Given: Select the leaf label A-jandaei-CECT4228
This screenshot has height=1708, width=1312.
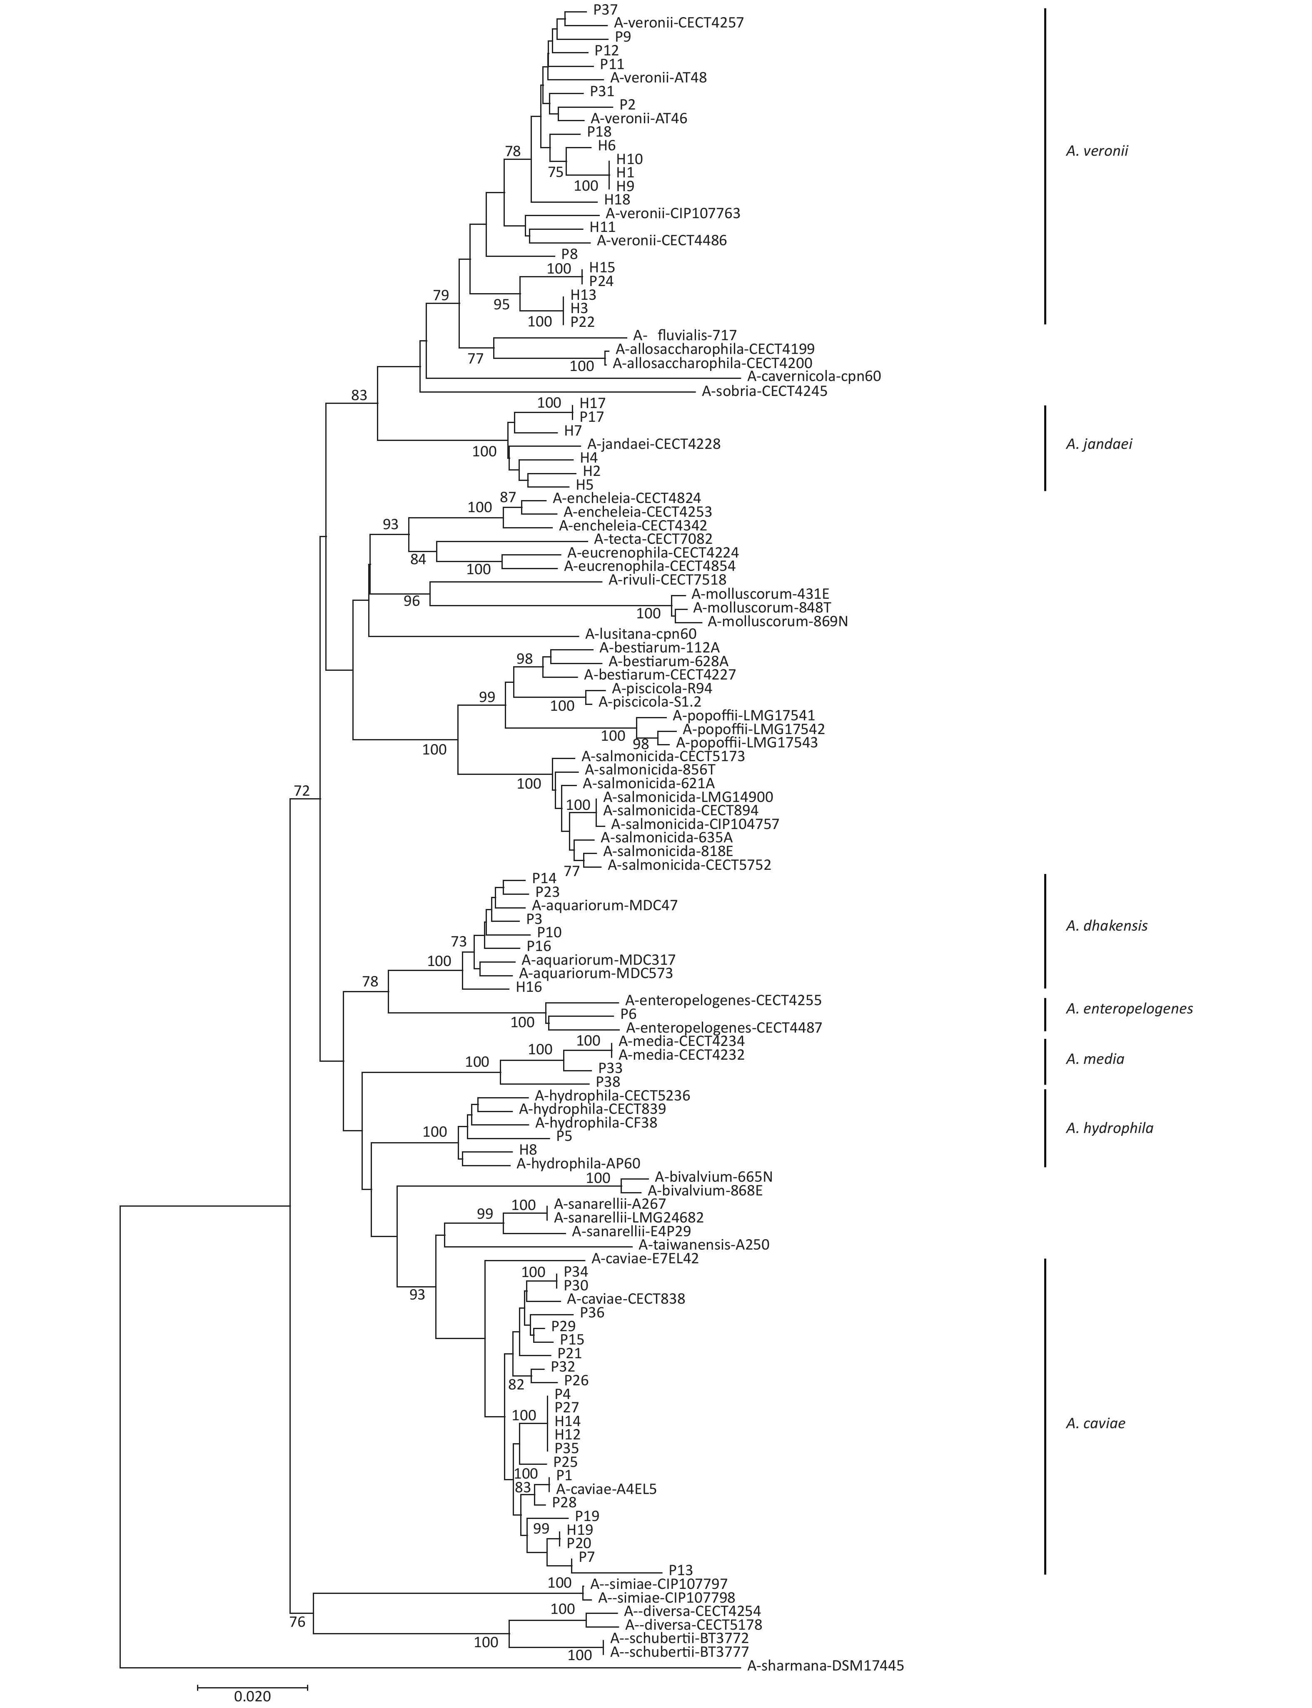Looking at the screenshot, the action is click(x=654, y=444).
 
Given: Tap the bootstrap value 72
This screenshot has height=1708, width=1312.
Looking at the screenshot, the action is click(x=302, y=791).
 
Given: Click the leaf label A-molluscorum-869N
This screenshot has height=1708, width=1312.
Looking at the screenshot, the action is click(x=778, y=621).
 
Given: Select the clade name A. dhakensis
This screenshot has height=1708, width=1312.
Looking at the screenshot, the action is click(x=1107, y=926).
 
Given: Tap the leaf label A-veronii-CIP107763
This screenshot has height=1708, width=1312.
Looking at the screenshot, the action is click(x=672, y=213).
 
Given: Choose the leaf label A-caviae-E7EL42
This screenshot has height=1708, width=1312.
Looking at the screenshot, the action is click(x=645, y=1258).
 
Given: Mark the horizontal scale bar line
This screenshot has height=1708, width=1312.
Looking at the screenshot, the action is click(x=252, y=1681).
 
